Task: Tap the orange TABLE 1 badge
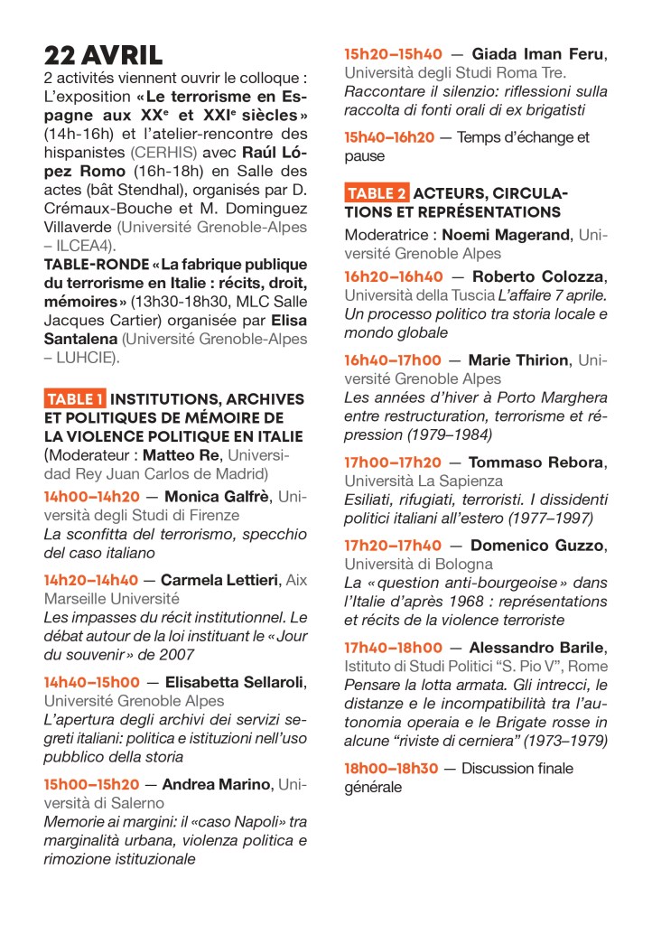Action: pos(75,399)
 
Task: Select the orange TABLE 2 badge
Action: pos(377,193)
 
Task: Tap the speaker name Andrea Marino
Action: pos(217,784)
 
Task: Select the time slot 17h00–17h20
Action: pos(393,462)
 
